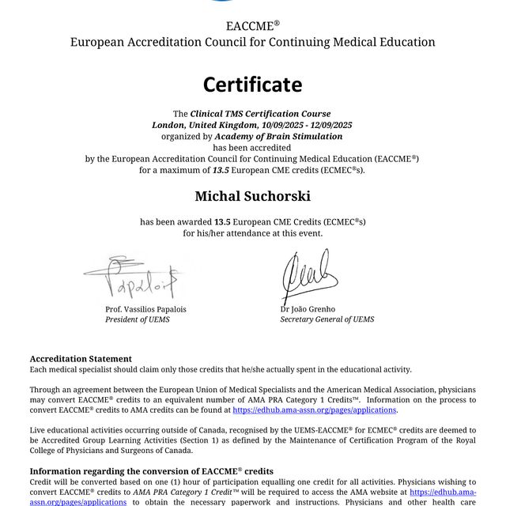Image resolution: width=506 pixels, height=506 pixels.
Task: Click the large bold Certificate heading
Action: [252, 84]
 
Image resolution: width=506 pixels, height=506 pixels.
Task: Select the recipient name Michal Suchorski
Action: [252, 195]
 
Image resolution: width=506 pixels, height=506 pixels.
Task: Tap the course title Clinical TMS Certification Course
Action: [260, 114]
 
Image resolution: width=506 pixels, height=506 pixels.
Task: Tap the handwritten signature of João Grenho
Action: [308, 275]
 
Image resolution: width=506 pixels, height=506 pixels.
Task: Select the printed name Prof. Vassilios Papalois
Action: [145, 309]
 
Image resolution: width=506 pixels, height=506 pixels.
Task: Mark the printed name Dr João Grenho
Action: [308, 309]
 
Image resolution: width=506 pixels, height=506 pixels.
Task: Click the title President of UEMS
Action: [137, 319]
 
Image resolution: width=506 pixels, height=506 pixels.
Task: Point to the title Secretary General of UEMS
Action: [327, 319]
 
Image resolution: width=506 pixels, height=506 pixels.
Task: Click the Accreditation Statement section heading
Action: [81, 359]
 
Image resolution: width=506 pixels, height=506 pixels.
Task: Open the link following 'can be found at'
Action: [314, 410]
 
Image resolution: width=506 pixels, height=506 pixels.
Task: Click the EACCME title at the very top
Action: [252, 25]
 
